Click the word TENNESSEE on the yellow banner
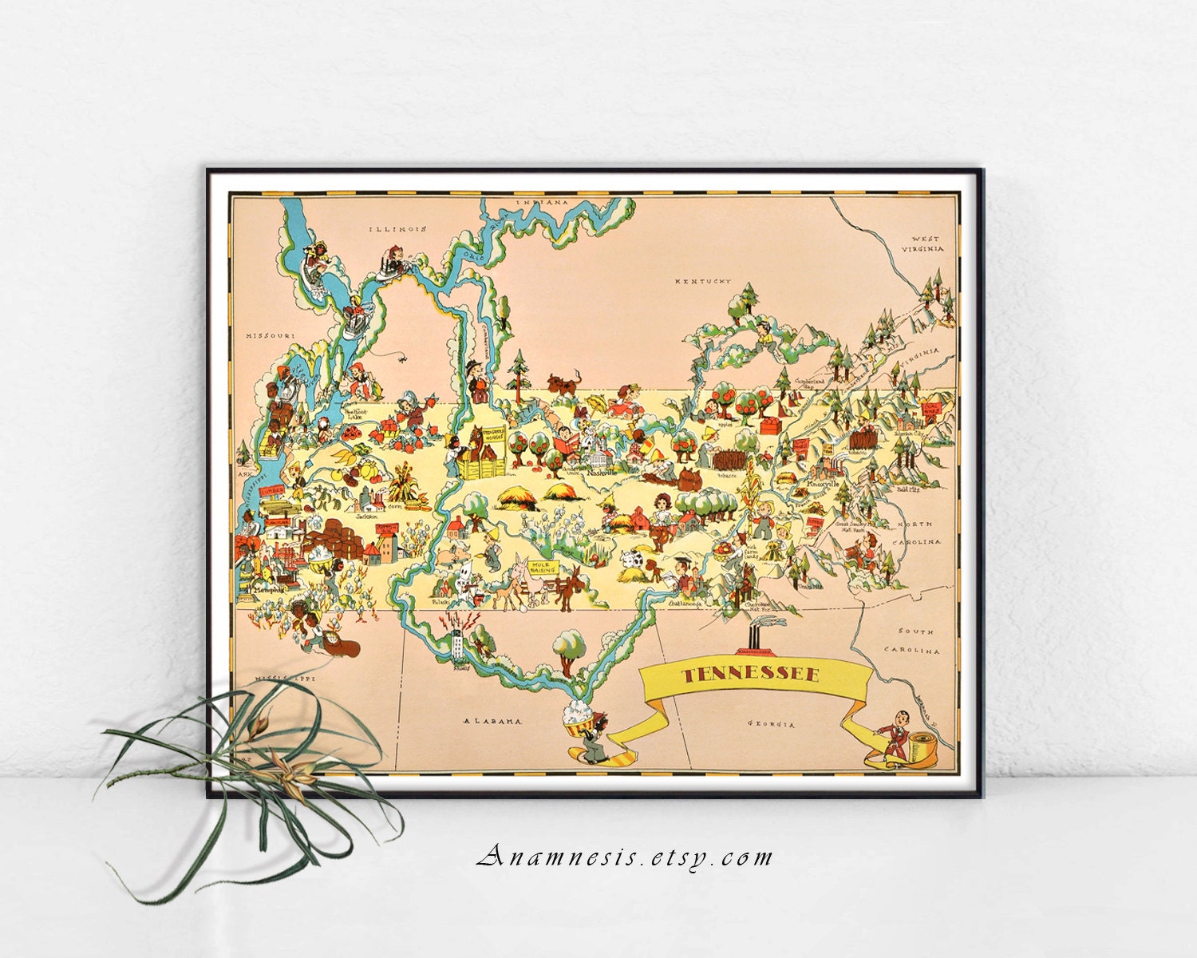(x=750, y=675)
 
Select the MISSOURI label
(x=271, y=335)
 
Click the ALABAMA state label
(x=493, y=721)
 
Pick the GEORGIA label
(x=771, y=724)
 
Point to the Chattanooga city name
(x=685, y=604)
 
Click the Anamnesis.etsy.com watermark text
(x=625, y=857)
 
